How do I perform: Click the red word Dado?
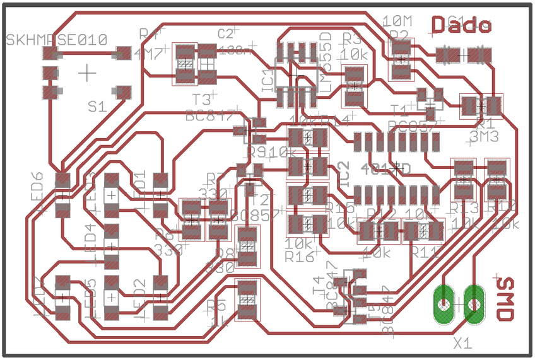tap(461, 25)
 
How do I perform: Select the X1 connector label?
tap(463, 343)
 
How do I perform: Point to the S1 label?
tap(97, 107)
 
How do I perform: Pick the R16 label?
tap(299, 257)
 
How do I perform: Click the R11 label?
tap(426, 252)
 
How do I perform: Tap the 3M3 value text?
tap(485, 136)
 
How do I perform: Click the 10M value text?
tap(397, 21)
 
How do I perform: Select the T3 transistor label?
tap(201, 100)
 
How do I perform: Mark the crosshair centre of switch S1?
tap(87, 73)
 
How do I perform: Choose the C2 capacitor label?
tap(225, 33)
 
